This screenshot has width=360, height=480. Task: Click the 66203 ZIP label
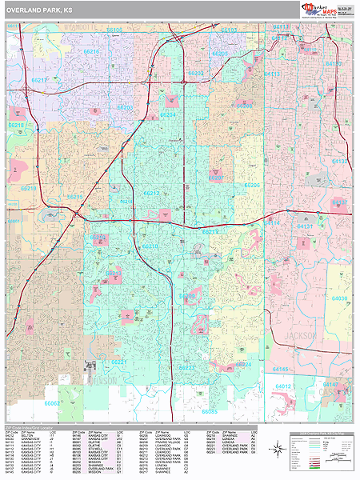pos(125,107)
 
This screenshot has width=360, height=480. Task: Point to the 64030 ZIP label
pos(340,298)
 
